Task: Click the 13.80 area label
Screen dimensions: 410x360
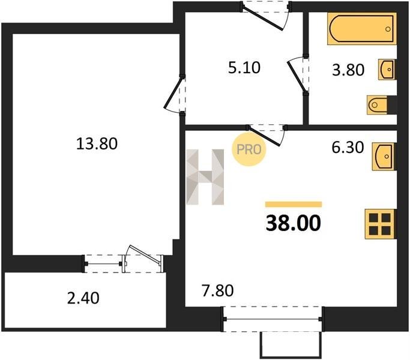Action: (97, 144)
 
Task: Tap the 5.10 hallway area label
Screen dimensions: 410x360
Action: (244, 68)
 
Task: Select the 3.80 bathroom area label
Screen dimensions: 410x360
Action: (348, 70)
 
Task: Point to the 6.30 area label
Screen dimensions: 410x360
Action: (348, 147)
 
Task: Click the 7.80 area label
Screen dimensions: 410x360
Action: (217, 291)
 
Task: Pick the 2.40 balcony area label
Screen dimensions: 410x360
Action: (83, 298)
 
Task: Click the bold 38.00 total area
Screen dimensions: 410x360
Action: (293, 223)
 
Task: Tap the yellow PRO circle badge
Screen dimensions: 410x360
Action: (249, 149)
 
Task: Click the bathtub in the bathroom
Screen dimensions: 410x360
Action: (362, 28)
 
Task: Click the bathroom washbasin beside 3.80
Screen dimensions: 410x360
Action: (387, 69)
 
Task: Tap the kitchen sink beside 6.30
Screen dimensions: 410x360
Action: (384, 157)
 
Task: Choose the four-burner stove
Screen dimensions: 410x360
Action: (381, 224)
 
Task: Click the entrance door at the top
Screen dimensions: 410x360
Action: (265, 16)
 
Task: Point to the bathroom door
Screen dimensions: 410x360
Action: (298, 75)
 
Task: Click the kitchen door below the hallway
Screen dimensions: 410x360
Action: (266, 135)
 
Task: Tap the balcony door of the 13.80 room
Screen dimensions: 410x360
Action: (143, 259)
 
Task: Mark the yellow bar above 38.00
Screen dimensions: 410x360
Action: (294, 204)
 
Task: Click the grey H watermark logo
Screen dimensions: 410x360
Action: (205, 177)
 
